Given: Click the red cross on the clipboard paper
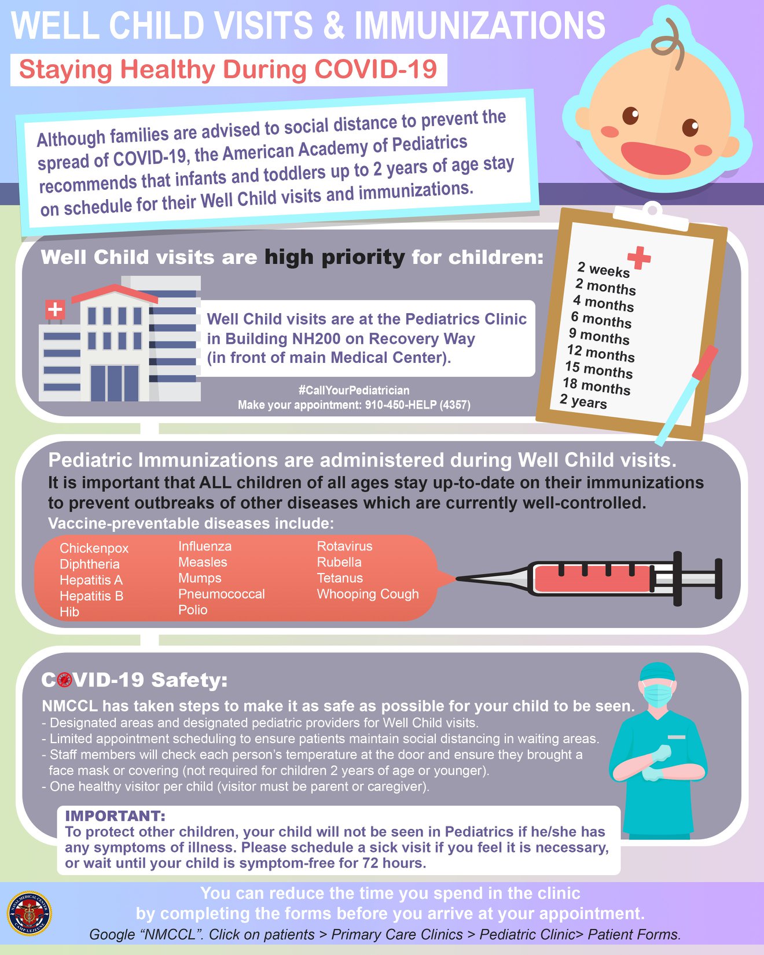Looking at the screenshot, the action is coord(639,258).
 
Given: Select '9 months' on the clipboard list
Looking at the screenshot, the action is coord(599,336).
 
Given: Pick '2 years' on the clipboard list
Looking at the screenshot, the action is coord(583,401).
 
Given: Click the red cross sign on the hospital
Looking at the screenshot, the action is coord(55,310).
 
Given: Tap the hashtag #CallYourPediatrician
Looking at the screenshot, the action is coord(354,390).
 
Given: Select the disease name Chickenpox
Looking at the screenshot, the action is coord(94,548).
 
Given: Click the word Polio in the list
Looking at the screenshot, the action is coord(193,609).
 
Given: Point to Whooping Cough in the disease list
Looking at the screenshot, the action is coord(368,594).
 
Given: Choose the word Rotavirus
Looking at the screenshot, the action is coord(344,546).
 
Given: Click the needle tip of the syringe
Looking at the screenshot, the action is coord(458,578).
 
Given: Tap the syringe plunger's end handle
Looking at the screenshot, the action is coord(718,579).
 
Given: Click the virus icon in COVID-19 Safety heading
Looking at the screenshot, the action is coord(64,679).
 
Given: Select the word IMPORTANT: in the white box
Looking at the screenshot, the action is coord(115,816).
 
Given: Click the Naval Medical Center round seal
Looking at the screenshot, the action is coord(30,914).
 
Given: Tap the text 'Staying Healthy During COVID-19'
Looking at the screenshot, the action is coord(228,69).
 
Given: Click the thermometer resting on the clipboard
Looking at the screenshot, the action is coord(687,395).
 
